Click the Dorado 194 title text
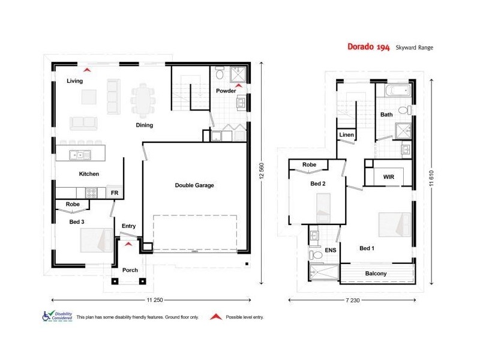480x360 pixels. tap(368, 47)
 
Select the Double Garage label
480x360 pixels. tap(194, 185)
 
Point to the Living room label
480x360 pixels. tap(75, 81)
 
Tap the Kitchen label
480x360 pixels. tap(89, 174)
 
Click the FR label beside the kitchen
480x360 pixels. tap(115, 193)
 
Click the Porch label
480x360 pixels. tap(130, 270)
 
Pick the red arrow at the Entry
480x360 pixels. tap(128, 244)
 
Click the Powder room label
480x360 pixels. tap(226, 91)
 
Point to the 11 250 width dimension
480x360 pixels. tap(155, 299)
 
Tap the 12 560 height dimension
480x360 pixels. tap(262, 171)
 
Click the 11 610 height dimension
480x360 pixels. tap(431, 177)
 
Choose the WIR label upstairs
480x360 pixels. tap(388, 177)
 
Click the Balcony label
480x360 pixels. tap(376, 274)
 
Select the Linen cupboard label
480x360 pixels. tap(346, 135)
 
